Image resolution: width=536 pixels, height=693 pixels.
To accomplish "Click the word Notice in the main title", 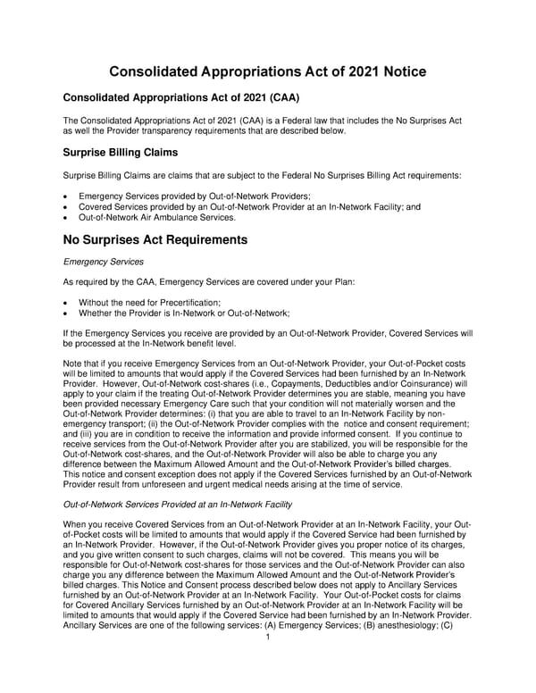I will tap(389, 72).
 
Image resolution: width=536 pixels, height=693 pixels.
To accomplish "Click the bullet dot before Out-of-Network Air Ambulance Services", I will tap(68, 217).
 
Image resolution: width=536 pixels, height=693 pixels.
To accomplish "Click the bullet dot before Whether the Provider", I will tap(68, 313).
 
